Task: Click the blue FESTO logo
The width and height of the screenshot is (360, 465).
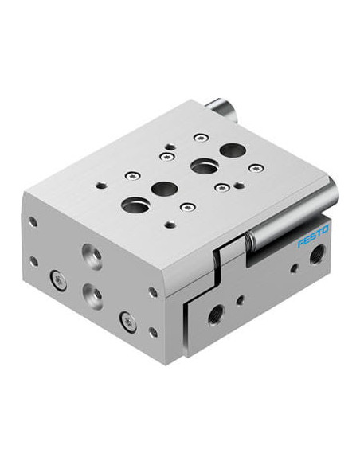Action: (x=313, y=236)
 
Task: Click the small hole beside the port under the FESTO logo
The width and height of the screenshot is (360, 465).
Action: (x=294, y=268)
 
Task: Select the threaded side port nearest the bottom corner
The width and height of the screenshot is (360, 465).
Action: (x=216, y=315)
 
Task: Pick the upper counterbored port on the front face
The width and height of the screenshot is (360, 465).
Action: (x=92, y=256)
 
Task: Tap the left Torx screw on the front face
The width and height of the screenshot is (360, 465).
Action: (x=58, y=280)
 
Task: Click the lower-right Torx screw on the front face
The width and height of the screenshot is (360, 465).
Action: (x=128, y=322)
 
